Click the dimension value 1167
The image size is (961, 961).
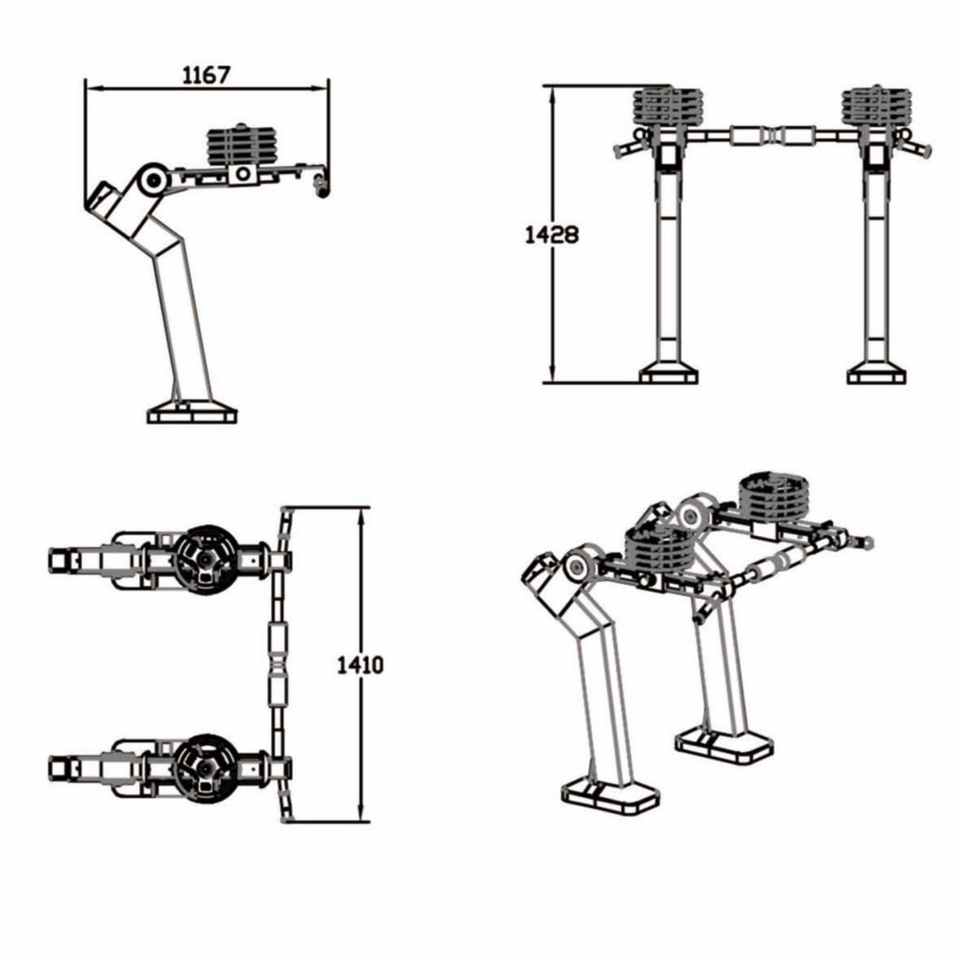(206, 75)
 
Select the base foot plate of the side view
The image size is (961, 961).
(192, 416)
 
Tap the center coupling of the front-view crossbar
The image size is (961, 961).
(773, 135)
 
